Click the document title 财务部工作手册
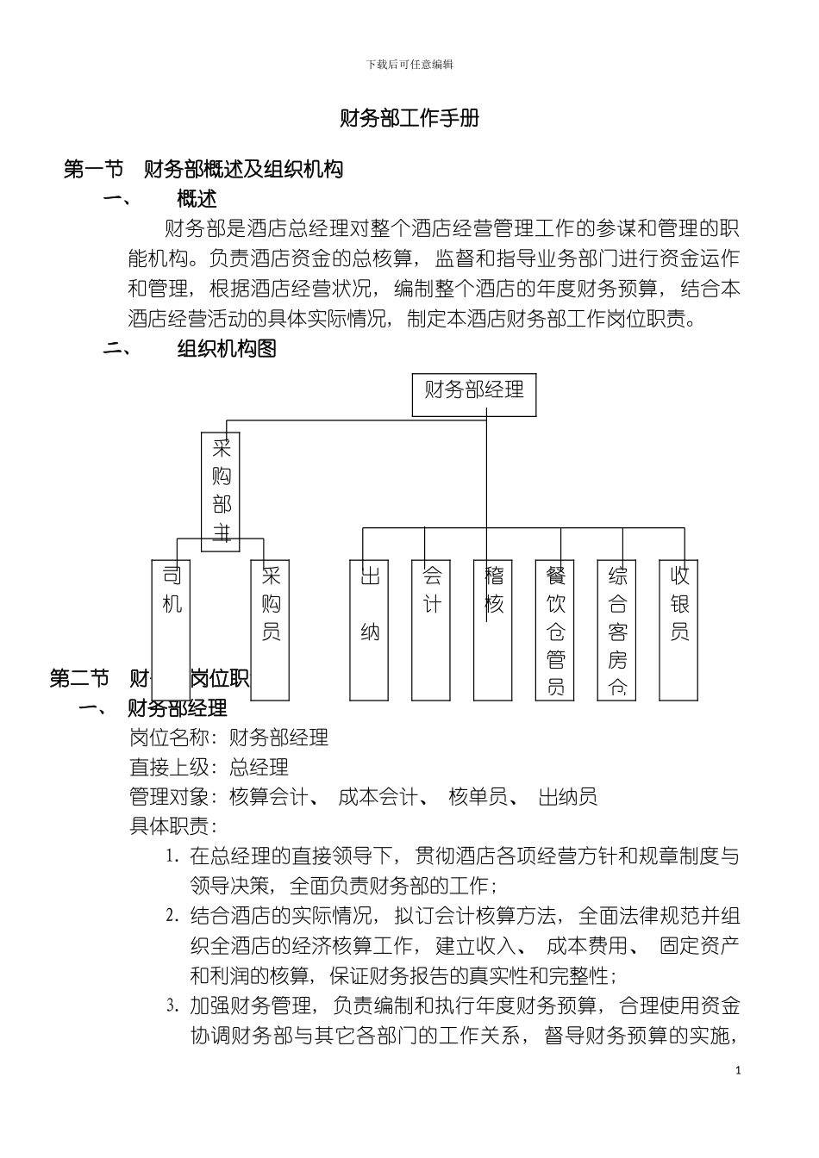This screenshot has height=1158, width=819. (x=409, y=118)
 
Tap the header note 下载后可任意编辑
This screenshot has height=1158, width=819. (x=409, y=65)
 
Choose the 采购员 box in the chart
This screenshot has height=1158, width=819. (x=271, y=629)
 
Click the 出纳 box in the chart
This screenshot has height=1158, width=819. (x=370, y=629)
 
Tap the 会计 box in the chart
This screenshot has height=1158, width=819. (x=432, y=629)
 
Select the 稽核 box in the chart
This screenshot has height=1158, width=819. (x=494, y=629)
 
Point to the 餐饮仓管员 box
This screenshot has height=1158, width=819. (x=556, y=629)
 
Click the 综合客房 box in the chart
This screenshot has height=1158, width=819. (x=617, y=629)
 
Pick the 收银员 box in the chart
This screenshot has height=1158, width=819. (x=679, y=629)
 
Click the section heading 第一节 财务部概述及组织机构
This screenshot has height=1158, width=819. (x=203, y=169)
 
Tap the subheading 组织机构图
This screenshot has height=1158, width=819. (x=226, y=349)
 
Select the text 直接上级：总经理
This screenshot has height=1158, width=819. (x=209, y=767)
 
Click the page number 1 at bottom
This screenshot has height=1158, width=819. (x=738, y=1071)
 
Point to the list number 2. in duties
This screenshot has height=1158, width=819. (x=172, y=916)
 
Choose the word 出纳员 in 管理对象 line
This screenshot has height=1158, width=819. (x=567, y=796)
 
